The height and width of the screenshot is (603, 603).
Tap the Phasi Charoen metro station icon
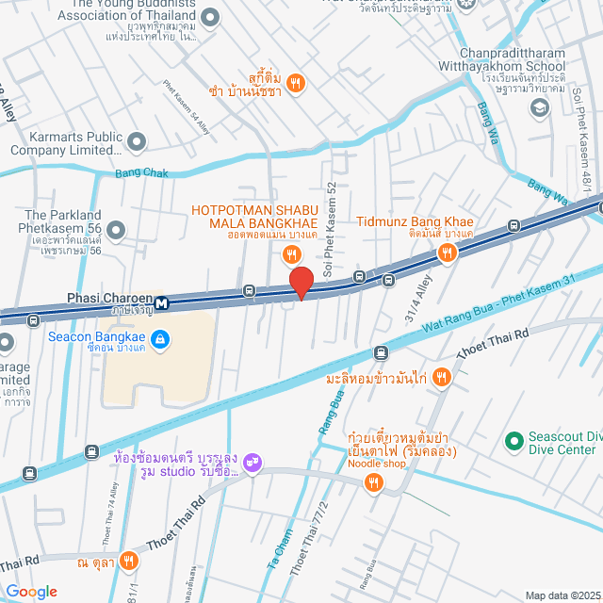click(163, 302)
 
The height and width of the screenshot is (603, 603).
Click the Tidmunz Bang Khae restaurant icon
click(447, 252)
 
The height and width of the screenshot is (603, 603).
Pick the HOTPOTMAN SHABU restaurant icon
click(292, 253)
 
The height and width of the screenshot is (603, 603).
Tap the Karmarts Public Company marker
click(138, 141)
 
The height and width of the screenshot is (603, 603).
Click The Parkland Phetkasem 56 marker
click(117, 229)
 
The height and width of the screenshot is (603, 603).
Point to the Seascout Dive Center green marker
click(513, 440)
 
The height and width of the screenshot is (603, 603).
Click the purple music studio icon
click(252, 462)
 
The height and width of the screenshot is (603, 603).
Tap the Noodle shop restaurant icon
click(374, 483)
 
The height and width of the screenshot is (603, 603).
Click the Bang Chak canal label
click(140, 172)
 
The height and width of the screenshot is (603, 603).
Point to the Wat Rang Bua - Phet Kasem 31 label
click(498, 302)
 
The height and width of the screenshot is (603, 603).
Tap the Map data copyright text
click(562, 595)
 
